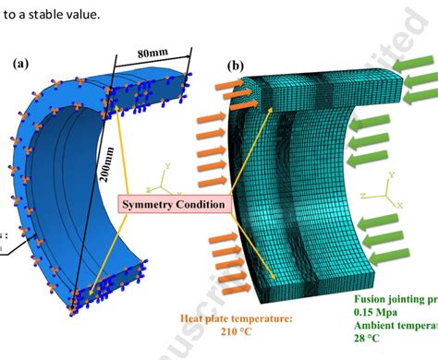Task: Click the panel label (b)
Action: (x=236, y=67)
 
